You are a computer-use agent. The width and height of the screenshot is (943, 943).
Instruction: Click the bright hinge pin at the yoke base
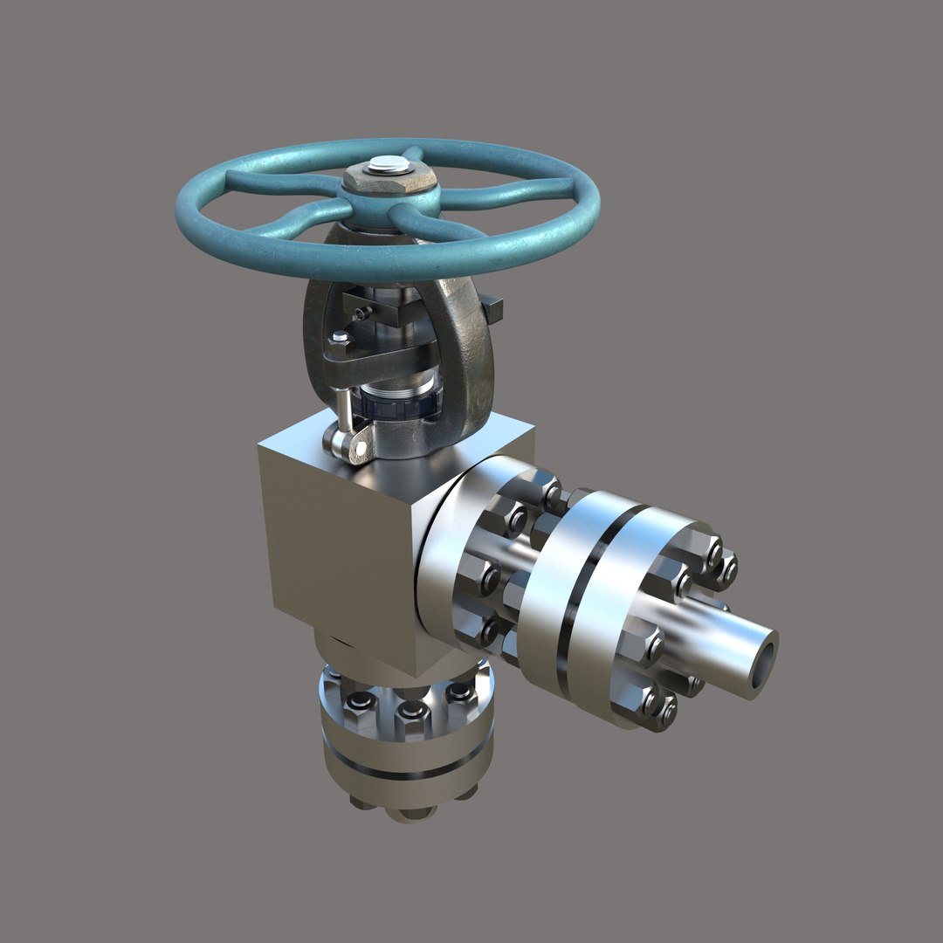coord(357,449)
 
